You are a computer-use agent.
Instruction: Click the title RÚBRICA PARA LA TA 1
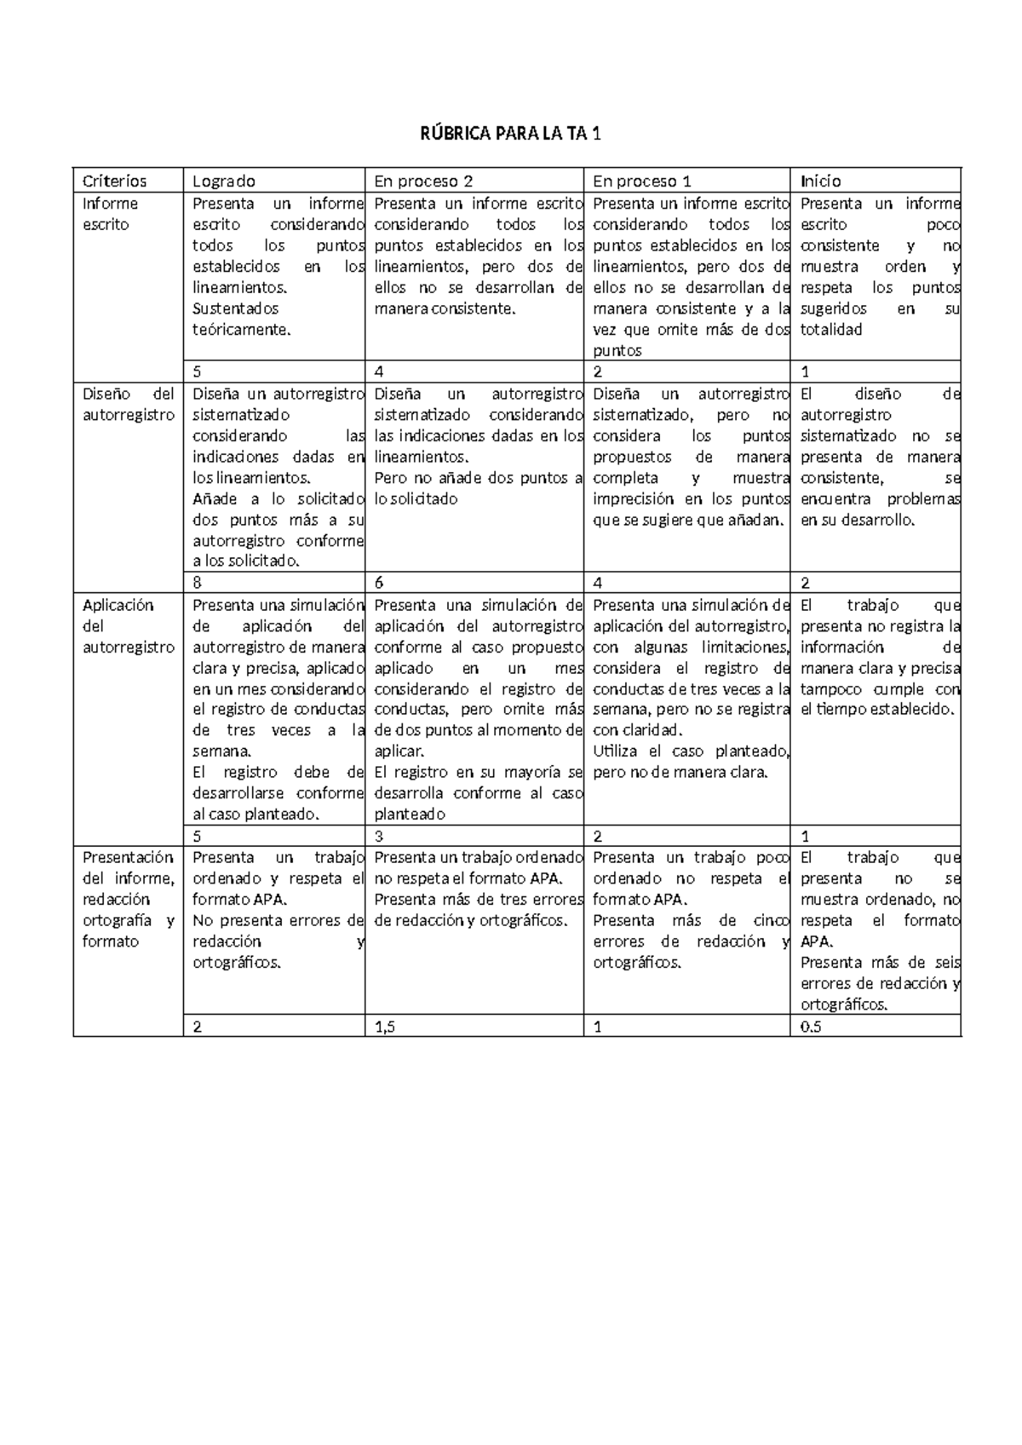pyautogui.click(x=511, y=134)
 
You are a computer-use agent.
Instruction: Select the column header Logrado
pyautogui.click(x=224, y=181)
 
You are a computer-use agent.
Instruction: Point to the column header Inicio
pyautogui.click(x=820, y=181)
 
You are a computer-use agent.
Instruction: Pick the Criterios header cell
pyautogui.click(x=114, y=181)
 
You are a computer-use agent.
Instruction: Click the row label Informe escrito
pyautogui.click(x=110, y=214)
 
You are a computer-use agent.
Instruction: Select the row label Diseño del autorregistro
pyautogui.click(x=128, y=405)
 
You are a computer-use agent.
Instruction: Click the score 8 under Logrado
pyautogui.click(x=198, y=584)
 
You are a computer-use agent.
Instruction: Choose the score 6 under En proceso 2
pyautogui.click(x=380, y=584)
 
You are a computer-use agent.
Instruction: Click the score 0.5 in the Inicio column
pyautogui.click(x=811, y=1027)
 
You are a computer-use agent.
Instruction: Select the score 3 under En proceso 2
pyautogui.click(x=379, y=837)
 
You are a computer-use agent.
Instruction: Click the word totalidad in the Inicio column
pyautogui.click(x=831, y=330)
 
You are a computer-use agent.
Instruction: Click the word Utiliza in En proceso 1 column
pyautogui.click(x=616, y=751)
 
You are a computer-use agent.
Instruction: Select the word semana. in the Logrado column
pyautogui.click(x=222, y=751)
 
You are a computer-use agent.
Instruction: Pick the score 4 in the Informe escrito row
pyautogui.click(x=380, y=372)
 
